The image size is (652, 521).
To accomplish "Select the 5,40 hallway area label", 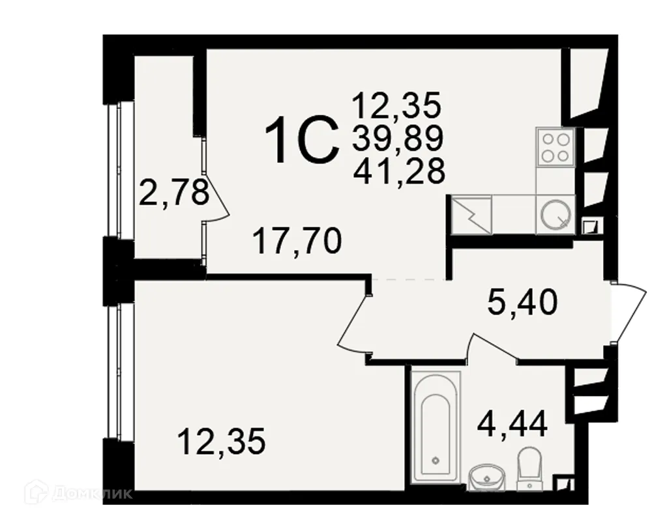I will coord(522,302).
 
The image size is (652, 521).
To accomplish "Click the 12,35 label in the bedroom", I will coord(222,444).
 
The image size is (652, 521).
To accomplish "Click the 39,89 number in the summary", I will coord(398,137).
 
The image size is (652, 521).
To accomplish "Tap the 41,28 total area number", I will coord(399,171).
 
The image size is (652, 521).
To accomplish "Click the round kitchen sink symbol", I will coord(555,214).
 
